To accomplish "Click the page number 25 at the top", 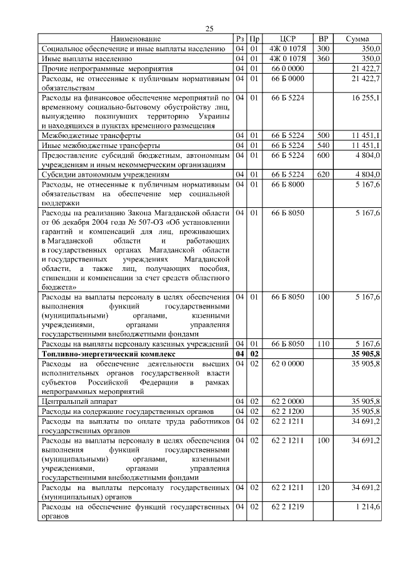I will (209, 28).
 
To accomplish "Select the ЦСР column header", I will (287, 39).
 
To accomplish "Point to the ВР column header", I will (323, 39).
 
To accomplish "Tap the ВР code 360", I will (323, 58).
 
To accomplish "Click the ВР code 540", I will (323, 145).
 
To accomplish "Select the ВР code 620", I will (323, 175).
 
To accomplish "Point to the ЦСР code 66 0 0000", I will (287, 68).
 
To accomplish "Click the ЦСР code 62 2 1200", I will (287, 411).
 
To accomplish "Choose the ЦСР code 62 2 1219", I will (287, 508).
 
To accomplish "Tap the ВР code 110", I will (323, 344).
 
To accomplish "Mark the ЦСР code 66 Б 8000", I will (287, 185).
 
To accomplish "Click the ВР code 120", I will (323, 487).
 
